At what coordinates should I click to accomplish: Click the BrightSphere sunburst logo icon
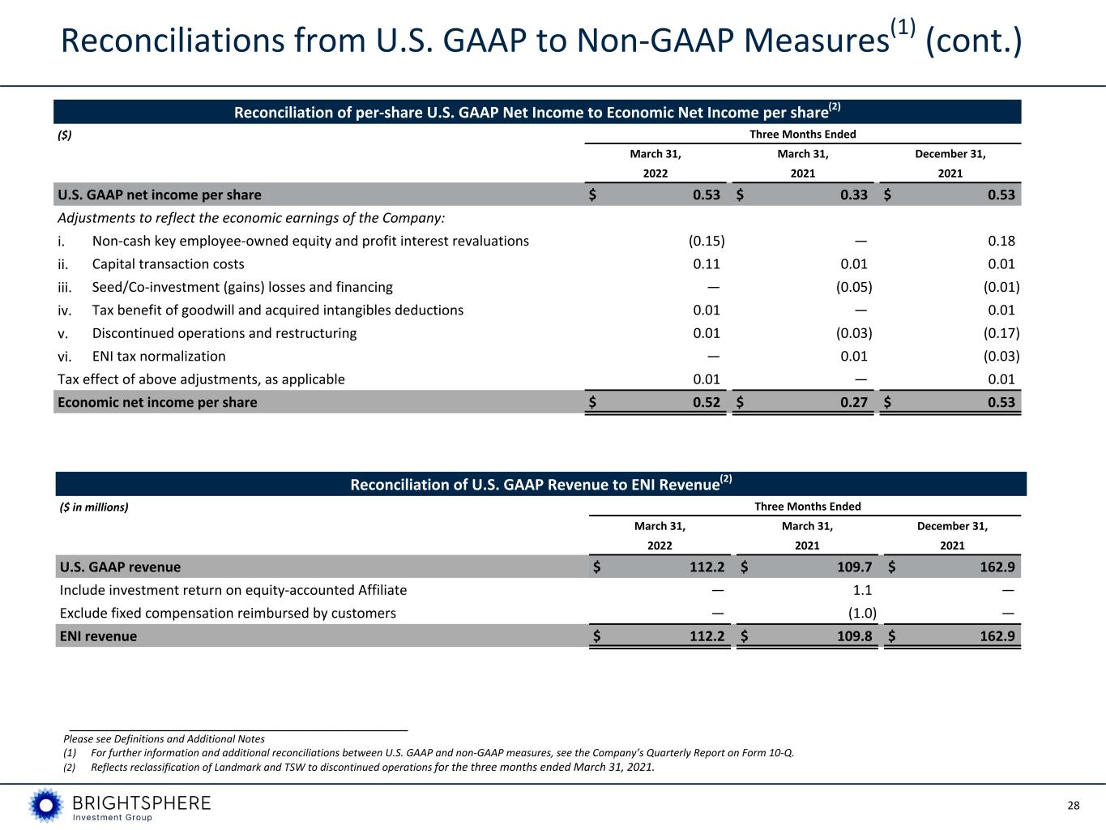point(46,805)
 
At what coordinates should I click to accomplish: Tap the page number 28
point(1074,806)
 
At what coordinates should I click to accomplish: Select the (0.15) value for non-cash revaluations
point(707,241)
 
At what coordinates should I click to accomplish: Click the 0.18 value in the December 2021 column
point(1001,241)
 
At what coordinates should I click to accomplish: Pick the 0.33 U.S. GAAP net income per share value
point(853,195)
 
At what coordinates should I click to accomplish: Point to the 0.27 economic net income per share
point(853,402)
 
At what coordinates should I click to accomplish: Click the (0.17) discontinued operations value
point(1001,333)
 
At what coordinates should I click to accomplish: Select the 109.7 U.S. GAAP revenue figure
point(854,567)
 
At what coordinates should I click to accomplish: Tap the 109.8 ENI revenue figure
point(854,636)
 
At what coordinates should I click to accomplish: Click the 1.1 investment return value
point(862,590)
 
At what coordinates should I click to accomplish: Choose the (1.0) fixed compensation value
point(862,614)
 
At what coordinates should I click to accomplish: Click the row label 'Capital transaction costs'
point(168,264)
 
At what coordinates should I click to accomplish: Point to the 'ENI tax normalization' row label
point(159,357)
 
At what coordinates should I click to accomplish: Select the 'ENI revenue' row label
point(98,636)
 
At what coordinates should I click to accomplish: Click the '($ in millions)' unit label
point(94,507)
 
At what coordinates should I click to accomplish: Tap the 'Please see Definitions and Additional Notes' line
point(164,738)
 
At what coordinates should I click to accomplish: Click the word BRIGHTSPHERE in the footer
point(142,802)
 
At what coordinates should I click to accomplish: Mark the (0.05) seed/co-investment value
point(854,287)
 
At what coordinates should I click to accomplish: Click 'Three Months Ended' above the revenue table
point(807,507)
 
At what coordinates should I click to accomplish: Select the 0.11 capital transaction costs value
point(707,264)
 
